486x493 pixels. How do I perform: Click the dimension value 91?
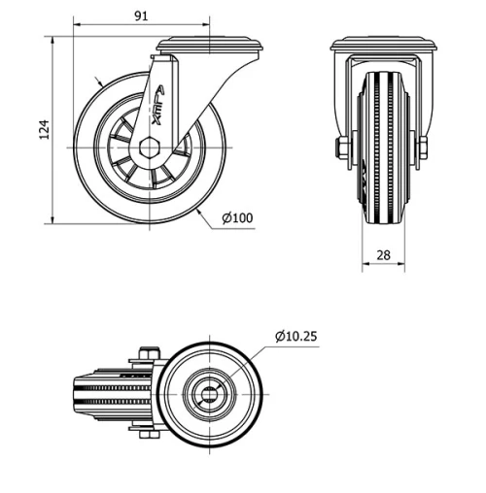(x=141, y=16)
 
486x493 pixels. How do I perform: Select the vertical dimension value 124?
(x=44, y=130)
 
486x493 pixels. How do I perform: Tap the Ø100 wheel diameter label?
(x=236, y=217)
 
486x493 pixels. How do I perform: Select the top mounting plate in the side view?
(x=211, y=45)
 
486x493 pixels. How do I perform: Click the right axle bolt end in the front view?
(x=422, y=148)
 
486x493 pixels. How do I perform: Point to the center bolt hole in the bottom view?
(x=210, y=393)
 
